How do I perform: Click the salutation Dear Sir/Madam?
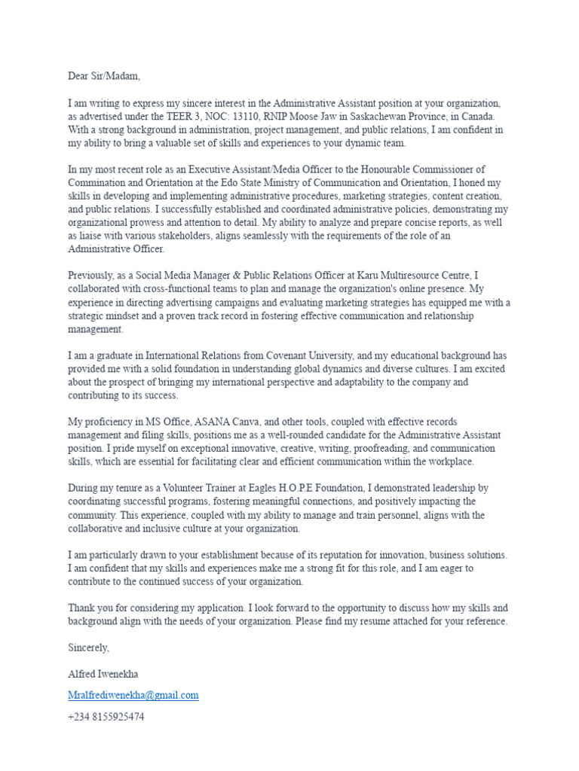[104, 76]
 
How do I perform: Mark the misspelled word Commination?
[100, 183]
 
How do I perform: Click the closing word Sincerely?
[89, 648]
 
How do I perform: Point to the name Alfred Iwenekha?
[103, 674]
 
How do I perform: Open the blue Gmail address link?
[133, 696]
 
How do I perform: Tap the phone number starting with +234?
[106, 718]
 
